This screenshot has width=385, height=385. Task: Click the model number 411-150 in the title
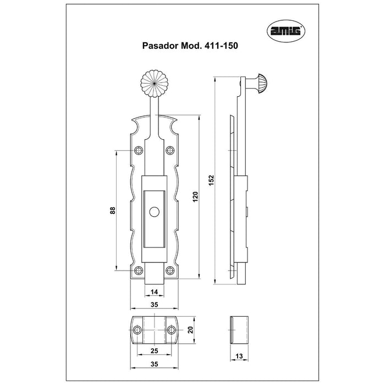pyautogui.click(x=219, y=46)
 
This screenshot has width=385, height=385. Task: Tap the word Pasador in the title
pyautogui.click(x=161, y=46)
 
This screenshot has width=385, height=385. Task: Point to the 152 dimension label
pyautogui.click(x=211, y=180)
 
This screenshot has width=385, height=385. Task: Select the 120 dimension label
pyautogui.click(x=195, y=197)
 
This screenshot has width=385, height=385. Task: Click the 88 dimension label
pyautogui.click(x=112, y=211)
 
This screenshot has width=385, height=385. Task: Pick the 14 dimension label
pyautogui.click(x=154, y=292)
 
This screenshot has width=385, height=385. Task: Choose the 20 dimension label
pyautogui.click(x=190, y=329)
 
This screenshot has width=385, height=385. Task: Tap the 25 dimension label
pyautogui.click(x=154, y=351)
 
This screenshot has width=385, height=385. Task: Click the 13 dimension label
pyautogui.click(x=239, y=356)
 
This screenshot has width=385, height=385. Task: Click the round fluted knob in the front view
pyautogui.click(x=154, y=84)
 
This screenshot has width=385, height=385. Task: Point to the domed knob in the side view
pyautogui.click(x=262, y=84)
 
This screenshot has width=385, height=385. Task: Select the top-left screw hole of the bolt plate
pyautogui.click(x=139, y=150)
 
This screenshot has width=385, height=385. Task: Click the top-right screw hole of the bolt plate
pyautogui.click(x=170, y=150)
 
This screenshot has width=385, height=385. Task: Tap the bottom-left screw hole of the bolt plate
pyautogui.click(x=139, y=271)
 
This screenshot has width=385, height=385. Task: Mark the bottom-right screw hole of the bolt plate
pyautogui.click(x=170, y=271)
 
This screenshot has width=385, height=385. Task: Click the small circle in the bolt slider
pyautogui.click(x=154, y=212)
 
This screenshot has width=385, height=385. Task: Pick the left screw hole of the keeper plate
pyautogui.click(x=137, y=330)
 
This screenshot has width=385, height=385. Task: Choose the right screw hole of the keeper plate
pyautogui.click(x=172, y=330)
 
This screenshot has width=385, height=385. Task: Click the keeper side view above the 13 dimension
pyautogui.click(x=239, y=330)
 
